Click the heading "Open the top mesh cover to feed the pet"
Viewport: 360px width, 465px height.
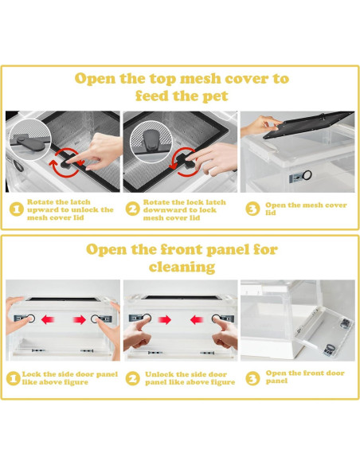[182, 88]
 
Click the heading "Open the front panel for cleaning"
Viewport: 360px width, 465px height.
[182, 258]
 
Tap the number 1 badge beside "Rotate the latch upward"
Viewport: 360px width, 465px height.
[16, 209]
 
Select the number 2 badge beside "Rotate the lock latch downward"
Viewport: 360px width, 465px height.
[132, 209]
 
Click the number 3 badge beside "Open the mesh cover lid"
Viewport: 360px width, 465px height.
[252, 209]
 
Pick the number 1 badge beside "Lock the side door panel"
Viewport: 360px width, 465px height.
[13, 379]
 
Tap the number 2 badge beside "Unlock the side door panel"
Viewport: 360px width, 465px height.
[132, 379]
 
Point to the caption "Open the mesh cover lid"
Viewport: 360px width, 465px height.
[306, 209]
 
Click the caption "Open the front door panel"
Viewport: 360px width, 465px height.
[305, 377]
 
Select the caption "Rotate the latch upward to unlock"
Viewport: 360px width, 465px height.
[70, 209]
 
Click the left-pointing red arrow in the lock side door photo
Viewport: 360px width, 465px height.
[48, 320]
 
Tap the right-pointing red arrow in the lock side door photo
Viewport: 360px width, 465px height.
[80, 320]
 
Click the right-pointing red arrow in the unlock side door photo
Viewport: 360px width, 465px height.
[165, 320]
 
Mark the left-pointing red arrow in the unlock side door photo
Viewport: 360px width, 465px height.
[197, 320]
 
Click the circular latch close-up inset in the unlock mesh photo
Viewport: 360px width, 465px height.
[29, 140]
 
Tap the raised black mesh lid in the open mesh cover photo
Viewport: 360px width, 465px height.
[308, 124]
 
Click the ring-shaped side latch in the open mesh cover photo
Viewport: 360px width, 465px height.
[307, 175]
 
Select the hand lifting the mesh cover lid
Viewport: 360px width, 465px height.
[260, 126]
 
